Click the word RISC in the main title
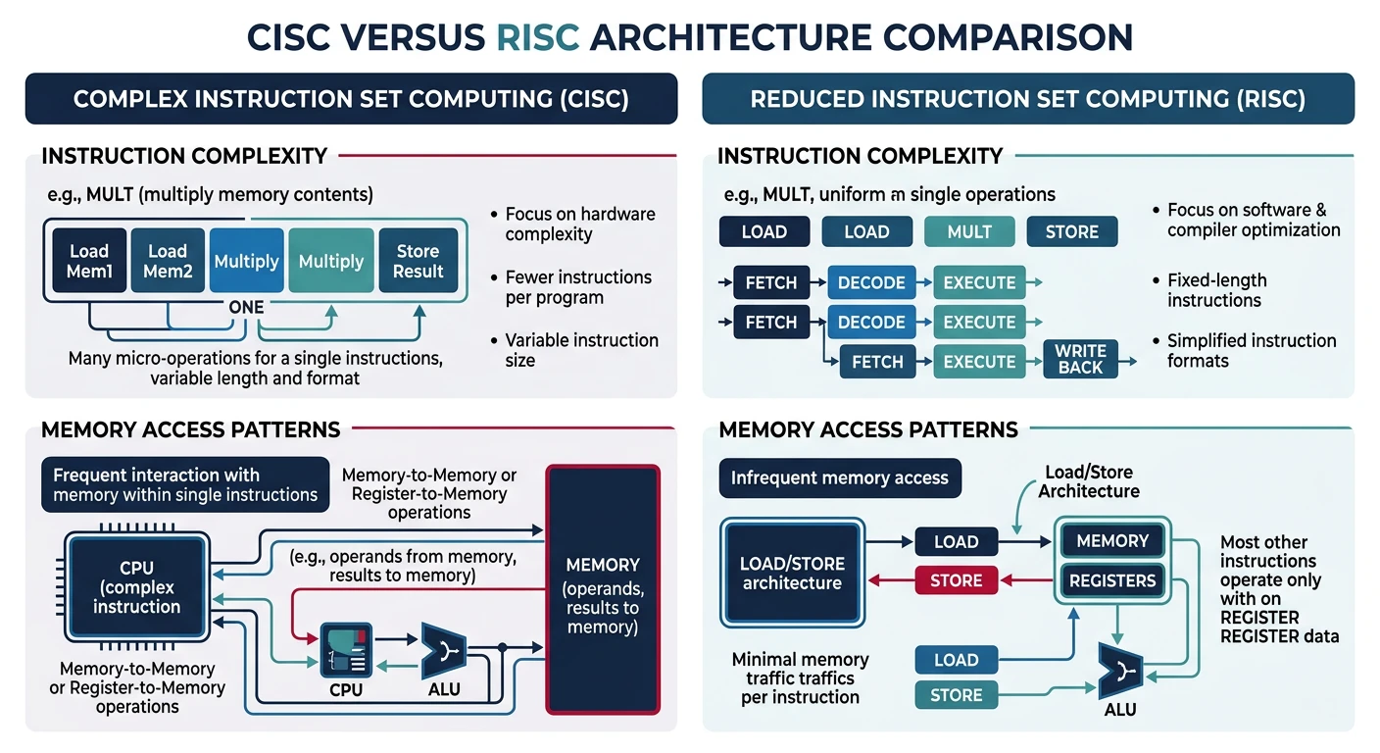coord(538,36)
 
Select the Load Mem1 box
coord(89,261)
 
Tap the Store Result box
coord(419,261)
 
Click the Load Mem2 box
coord(168,261)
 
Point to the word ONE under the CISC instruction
coord(246,307)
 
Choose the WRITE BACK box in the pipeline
coord(1081,359)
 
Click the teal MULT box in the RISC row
coord(969,232)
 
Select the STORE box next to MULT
coord(1072,232)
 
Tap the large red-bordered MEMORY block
coord(603,588)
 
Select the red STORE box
coord(956,580)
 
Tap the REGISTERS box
coord(1112,580)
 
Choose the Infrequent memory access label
coord(840,478)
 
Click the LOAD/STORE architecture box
coord(792,574)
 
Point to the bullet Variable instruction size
coord(581,350)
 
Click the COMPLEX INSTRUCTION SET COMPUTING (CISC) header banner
coord(351,99)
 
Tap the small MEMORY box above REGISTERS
coord(1112,541)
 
